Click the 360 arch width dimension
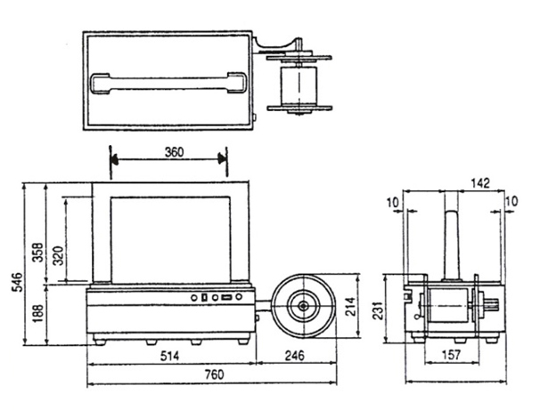[174, 152]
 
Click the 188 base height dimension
[37, 314]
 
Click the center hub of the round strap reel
[304, 307]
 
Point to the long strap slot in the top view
[168, 82]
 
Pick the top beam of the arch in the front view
[168, 189]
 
